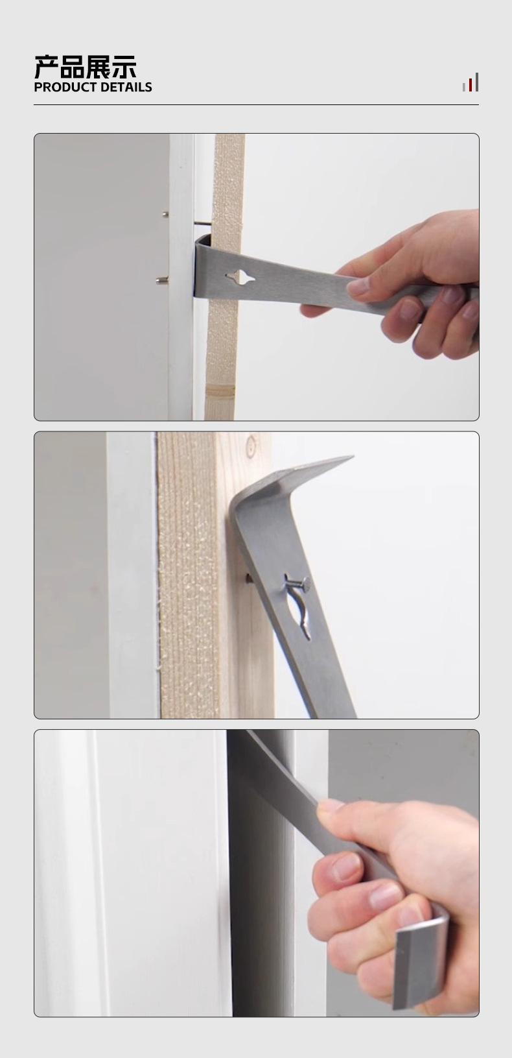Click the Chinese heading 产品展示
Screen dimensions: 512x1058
pyautogui.click(x=86, y=67)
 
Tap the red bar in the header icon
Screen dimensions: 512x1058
pyautogui.click(x=471, y=85)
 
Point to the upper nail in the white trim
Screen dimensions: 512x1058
pyautogui.click(x=165, y=215)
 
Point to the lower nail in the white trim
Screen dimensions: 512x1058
pyautogui.click(x=162, y=281)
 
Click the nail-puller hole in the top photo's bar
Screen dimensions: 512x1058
pyautogui.click(x=240, y=278)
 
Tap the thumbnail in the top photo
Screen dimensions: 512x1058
pyautogui.click(x=358, y=286)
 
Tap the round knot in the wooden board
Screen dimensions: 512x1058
pyautogui.click(x=251, y=445)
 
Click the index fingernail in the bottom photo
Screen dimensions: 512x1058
pyautogui.click(x=346, y=867)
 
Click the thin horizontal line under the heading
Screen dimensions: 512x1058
pyautogui.click(x=256, y=104)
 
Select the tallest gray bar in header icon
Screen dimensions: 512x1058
pyautogui.click(x=476, y=82)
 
